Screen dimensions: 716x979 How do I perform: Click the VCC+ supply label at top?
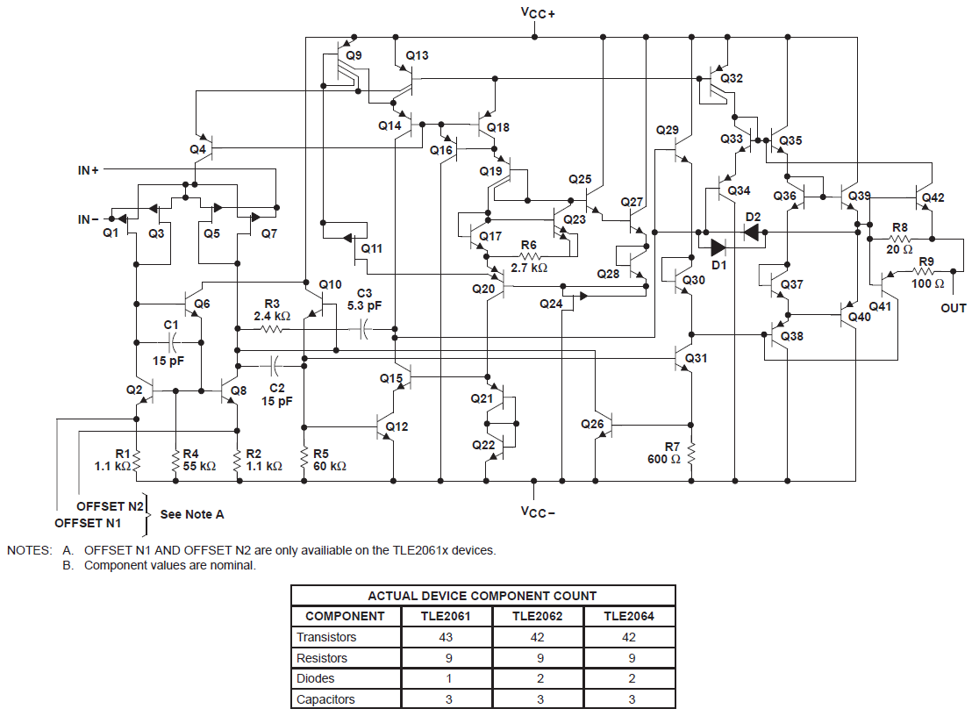(538, 12)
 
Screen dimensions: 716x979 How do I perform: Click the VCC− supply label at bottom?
(538, 512)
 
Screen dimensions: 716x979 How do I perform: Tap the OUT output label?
(953, 308)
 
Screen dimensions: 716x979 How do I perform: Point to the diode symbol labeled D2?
(752, 232)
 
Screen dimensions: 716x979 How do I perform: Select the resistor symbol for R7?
(692, 454)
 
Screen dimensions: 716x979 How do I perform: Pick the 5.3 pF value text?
(365, 306)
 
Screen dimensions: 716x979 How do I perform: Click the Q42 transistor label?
(933, 197)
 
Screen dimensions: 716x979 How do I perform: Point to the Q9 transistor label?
(354, 55)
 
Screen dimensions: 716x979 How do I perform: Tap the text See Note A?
(193, 514)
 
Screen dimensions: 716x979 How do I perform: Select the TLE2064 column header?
(628, 616)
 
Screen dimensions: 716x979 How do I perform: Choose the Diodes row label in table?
(316, 678)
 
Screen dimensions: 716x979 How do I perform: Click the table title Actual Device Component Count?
(482, 596)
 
